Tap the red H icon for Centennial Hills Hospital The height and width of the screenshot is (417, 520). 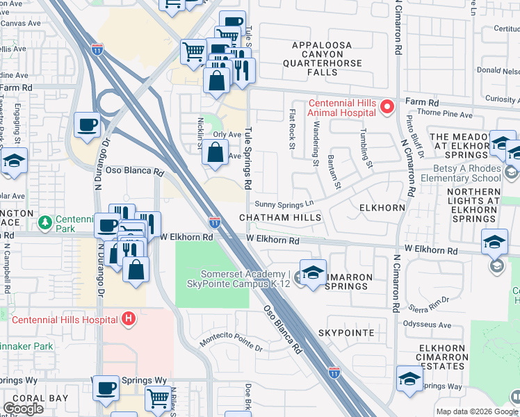[127, 319]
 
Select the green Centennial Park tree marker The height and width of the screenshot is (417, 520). [45, 222]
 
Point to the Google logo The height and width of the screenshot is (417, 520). [23, 409]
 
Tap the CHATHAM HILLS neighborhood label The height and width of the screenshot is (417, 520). [280, 218]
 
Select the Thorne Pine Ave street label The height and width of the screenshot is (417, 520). [448, 115]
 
